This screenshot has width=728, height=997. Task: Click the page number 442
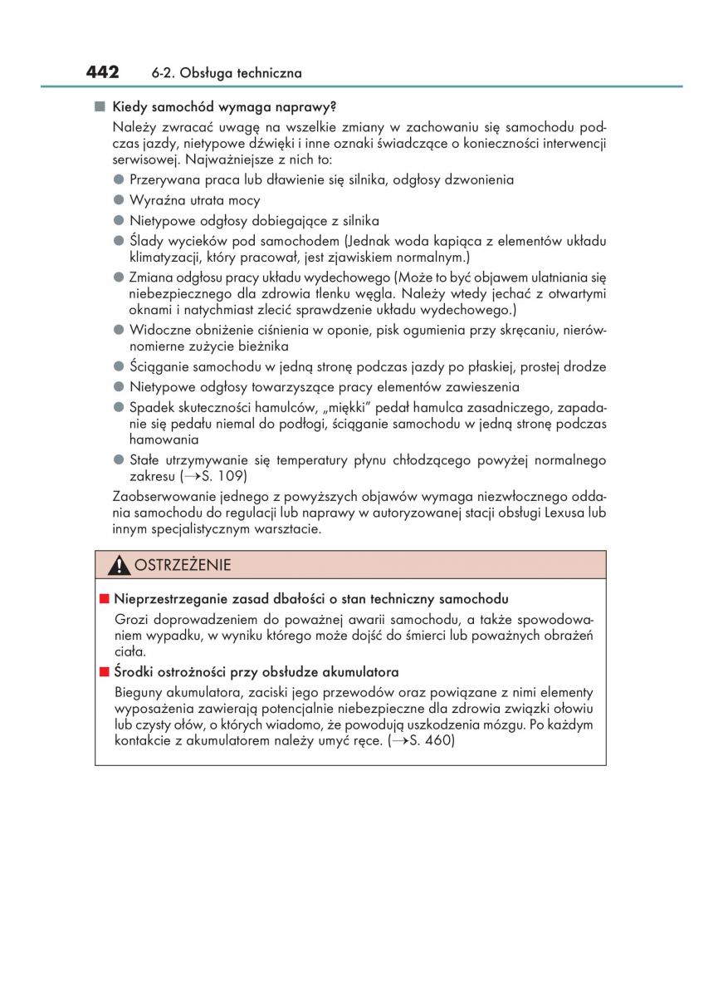[x=103, y=72]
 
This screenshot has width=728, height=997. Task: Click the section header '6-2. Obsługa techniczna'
[x=227, y=74]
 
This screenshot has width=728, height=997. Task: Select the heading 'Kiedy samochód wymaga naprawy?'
[x=223, y=107]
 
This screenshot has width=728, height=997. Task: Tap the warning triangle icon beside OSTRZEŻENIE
[x=120, y=566]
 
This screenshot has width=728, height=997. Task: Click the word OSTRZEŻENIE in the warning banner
[x=183, y=566]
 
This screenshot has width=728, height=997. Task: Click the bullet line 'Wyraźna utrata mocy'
[x=194, y=200]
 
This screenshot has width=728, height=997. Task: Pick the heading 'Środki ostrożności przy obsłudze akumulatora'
[x=257, y=672]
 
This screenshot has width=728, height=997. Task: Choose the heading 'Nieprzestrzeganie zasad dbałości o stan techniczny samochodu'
[x=311, y=599]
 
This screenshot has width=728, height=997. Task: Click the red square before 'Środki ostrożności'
[x=104, y=672]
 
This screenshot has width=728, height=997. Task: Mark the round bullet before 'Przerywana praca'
[x=119, y=179]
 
